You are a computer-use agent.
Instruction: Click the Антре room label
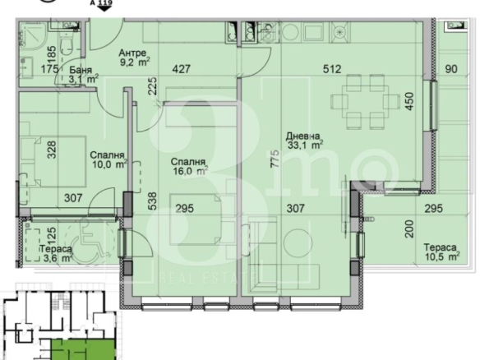pyautogui.click(x=132, y=53)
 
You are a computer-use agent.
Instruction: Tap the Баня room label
pyautogui.click(x=81, y=70)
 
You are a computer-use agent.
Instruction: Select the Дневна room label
pyautogui.click(x=302, y=136)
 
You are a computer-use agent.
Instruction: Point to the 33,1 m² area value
pyautogui.click(x=305, y=145)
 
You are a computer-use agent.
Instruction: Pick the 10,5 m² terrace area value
pyautogui.click(x=442, y=256)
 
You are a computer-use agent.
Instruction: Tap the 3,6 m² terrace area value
pyautogui.click(x=58, y=258)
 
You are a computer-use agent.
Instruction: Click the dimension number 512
pyautogui.click(x=332, y=69)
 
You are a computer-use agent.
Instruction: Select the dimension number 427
pyautogui.click(x=181, y=68)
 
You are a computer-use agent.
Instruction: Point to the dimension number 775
pyautogui.click(x=275, y=159)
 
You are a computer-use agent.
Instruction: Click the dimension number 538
pyautogui.click(x=152, y=201)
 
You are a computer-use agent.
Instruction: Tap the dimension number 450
pyautogui.click(x=409, y=101)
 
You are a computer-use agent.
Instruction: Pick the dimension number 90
pyautogui.click(x=451, y=69)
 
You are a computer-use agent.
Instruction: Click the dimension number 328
pyautogui.click(x=53, y=150)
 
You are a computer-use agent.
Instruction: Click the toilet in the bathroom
pyautogui.click(x=66, y=46)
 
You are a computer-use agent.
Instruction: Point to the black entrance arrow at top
pyautogui.click(x=105, y=8)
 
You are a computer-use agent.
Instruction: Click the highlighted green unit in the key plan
pyautogui.click(x=83, y=349)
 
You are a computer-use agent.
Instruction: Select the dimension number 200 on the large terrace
pyautogui.click(x=409, y=229)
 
